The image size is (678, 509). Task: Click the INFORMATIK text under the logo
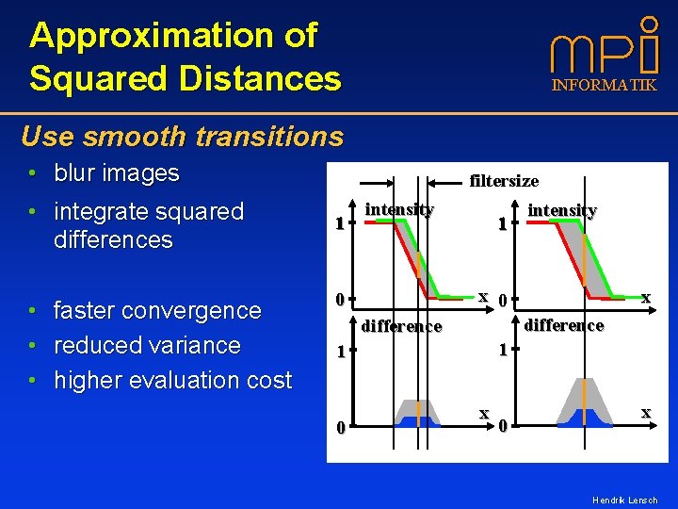click(x=604, y=86)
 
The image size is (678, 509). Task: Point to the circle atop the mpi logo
click(x=649, y=23)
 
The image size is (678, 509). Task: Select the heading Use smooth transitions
click(x=182, y=137)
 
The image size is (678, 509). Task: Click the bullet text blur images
click(x=116, y=173)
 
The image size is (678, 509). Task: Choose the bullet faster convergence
click(x=157, y=310)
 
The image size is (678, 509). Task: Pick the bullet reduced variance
click(x=147, y=345)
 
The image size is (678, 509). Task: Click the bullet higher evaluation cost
click(x=172, y=380)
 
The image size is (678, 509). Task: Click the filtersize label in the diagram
click(x=504, y=180)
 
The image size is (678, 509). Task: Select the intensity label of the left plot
click(x=399, y=209)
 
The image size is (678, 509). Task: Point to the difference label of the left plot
click(x=401, y=326)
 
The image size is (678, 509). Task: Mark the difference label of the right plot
click(x=564, y=325)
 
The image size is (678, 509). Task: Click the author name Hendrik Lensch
click(x=624, y=500)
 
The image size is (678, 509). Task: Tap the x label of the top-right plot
click(x=646, y=297)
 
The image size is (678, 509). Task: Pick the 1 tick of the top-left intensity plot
click(x=341, y=224)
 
